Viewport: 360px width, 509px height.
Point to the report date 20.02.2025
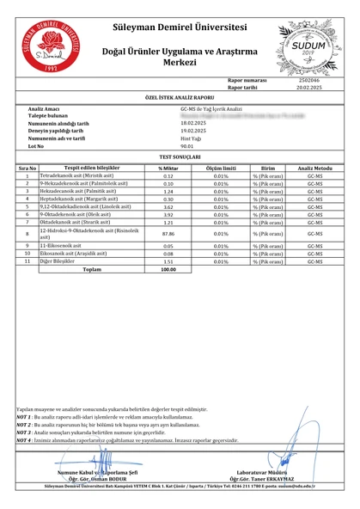click(x=310, y=88)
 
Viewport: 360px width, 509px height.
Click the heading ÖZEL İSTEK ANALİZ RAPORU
click(x=180, y=99)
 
